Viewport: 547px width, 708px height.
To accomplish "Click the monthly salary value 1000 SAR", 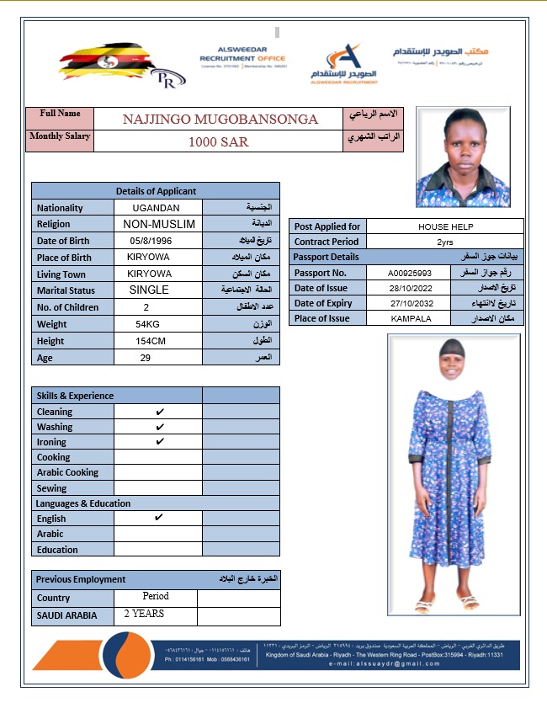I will point(218,141).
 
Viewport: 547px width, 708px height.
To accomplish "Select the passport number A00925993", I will point(410,273).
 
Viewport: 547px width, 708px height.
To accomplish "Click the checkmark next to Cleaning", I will point(160,412).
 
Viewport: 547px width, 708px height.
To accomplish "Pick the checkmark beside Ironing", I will point(160,442).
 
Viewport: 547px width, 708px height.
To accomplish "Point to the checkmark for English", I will point(159,518).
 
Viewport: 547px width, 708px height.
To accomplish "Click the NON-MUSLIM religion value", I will point(159,224).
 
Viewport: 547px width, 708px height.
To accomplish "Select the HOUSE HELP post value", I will point(445,226).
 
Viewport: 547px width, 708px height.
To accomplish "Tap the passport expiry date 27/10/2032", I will point(411,303).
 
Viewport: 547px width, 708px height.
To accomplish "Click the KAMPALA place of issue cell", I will point(411,319).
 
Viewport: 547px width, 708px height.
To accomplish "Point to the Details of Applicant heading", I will point(156,191).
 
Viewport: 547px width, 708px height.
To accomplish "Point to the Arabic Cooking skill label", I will point(67,472).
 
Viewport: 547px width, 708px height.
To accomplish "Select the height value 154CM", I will point(150,341).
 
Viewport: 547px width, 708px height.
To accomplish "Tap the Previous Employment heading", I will point(81,579).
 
